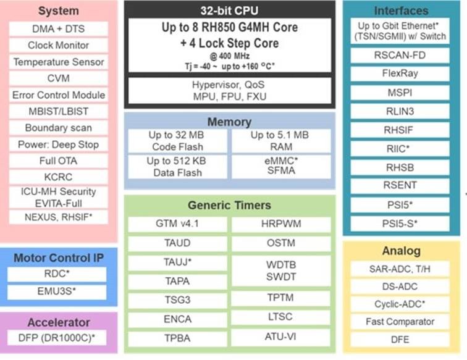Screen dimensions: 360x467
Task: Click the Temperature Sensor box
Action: (59, 62)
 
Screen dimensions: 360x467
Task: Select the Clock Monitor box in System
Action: (59, 45)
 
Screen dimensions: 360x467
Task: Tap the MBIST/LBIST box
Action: (59, 111)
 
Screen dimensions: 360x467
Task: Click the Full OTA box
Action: (59, 161)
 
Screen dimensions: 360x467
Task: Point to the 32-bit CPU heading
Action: (229, 10)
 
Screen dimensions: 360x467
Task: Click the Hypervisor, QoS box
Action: (229, 91)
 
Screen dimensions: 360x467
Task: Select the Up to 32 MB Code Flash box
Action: (177, 141)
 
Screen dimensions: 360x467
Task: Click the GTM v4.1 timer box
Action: (177, 224)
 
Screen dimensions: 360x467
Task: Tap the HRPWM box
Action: (281, 224)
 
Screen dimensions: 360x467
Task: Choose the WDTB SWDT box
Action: (281, 270)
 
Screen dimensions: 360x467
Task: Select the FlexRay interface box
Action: (400, 72)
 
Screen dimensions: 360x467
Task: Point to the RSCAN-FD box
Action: (400, 54)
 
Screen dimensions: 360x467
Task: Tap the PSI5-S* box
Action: (400, 222)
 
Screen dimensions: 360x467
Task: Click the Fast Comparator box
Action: (400, 322)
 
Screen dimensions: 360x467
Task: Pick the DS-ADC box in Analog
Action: (400, 287)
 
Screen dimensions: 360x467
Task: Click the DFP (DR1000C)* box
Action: (57, 338)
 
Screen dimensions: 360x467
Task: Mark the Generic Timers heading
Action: (229, 205)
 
